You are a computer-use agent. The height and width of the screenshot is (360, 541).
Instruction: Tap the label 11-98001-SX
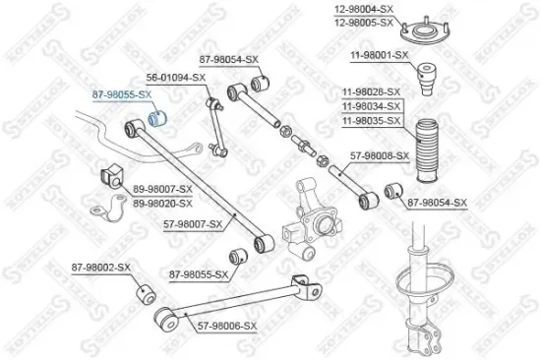[373, 55]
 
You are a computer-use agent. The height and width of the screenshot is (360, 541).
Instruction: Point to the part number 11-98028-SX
[373, 92]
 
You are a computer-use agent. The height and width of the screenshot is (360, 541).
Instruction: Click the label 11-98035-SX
[373, 120]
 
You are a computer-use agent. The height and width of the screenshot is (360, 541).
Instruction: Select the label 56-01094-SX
[176, 77]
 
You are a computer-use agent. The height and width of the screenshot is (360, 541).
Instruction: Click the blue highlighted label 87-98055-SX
[122, 93]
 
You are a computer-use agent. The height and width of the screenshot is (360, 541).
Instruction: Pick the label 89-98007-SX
[163, 188]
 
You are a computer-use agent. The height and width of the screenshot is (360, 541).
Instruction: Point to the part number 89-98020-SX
[163, 203]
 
